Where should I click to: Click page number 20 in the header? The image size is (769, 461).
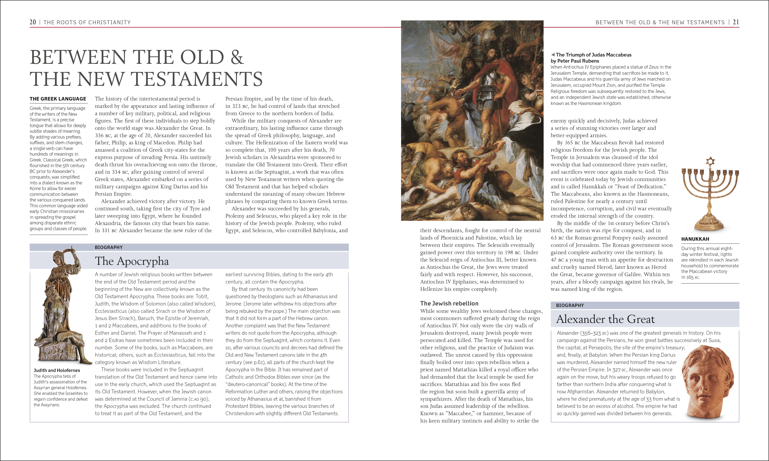coord(33,22)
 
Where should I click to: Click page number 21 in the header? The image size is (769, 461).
coord(736,22)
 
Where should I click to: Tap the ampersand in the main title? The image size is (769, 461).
coord(237,57)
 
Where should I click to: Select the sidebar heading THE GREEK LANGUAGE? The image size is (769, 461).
coord(58,99)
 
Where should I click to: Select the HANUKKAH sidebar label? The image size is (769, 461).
coord(695,239)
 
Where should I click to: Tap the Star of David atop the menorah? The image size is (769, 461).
coord(710,161)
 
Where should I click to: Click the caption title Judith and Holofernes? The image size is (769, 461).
coord(57,370)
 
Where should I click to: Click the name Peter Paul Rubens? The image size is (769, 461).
coord(578,61)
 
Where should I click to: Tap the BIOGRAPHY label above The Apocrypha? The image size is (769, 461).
coord(109,247)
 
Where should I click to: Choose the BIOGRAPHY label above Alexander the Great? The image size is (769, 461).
coord(570,305)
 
